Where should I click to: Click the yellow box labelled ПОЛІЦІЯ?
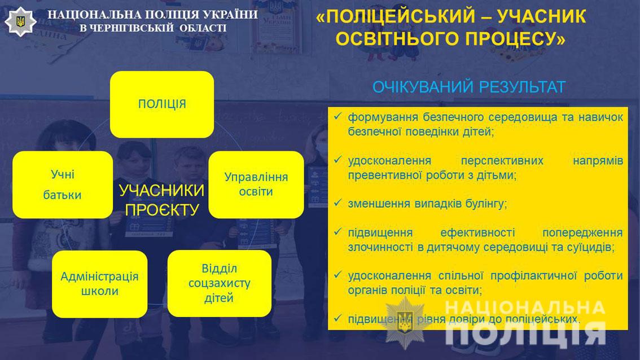point(162,104)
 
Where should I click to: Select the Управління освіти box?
point(256,185)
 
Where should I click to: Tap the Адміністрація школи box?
point(99,284)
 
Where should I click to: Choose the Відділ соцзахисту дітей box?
point(219,283)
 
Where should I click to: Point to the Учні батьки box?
point(63,185)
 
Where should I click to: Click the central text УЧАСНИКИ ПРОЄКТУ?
point(161,200)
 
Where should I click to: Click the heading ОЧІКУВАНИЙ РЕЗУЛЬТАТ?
point(469,87)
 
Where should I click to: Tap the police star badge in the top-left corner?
point(20,21)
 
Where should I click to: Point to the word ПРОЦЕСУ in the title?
point(515,39)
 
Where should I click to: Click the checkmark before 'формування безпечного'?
point(337,116)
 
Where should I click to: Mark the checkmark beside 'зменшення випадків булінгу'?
point(337,203)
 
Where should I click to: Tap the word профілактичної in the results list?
point(533,276)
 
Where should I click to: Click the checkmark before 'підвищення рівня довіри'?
point(337,318)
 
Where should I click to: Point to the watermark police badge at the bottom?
point(405,323)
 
